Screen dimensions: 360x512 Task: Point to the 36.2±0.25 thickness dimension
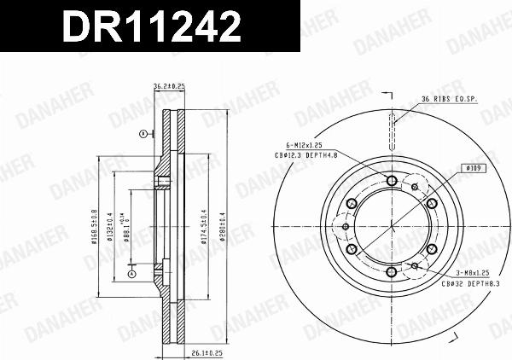tap(168, 86)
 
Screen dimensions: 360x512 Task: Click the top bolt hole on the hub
tap(391, 180)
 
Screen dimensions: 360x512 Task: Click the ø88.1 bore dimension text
tap(125, 227)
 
